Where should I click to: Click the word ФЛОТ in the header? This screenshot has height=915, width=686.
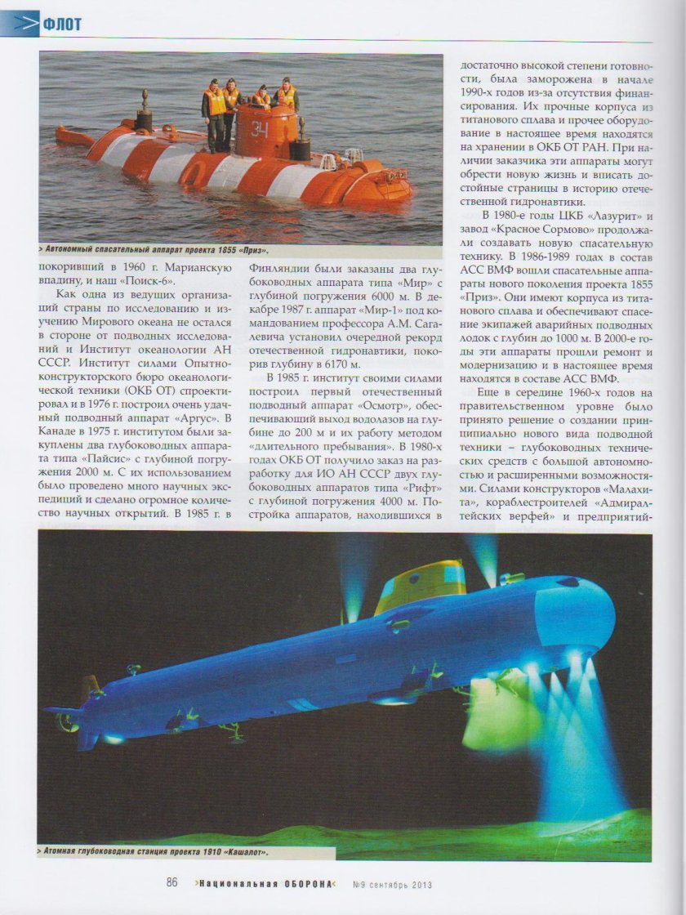[x=62, y=25]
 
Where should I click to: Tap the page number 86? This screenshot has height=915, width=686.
[x=172, y=883]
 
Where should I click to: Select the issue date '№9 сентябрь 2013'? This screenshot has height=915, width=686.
[x=391, y=884]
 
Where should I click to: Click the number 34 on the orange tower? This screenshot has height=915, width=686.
[x=261, y=127]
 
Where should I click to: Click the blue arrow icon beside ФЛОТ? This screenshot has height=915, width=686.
[x=24, y=25]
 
